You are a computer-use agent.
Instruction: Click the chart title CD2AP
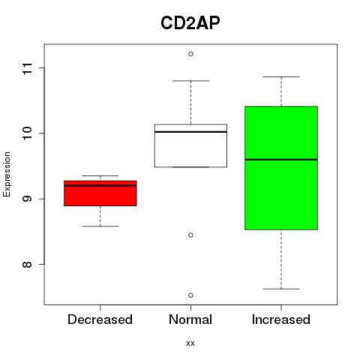click(190, 23)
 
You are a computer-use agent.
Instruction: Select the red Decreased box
click(100, 193)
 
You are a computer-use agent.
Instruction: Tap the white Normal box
click(190, 145)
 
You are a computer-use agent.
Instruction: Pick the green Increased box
click(281, 168)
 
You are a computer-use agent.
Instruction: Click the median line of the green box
click(281, 159)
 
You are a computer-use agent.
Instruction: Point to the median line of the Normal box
click(190, 132)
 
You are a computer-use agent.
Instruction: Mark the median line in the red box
click(100, 185)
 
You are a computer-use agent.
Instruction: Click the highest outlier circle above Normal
click(190, 54)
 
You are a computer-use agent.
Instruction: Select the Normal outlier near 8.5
click(190, 235)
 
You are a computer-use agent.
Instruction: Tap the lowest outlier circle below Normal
click(190, 295)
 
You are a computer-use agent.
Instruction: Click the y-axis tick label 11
click(28, 68)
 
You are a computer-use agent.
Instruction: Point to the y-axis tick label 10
click(28, 133)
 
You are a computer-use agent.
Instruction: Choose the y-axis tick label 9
click(28, 199)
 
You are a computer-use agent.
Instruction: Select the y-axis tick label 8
click(28, 264)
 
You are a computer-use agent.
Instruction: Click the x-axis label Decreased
click(100, 319)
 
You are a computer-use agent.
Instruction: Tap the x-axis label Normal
click(190, 319)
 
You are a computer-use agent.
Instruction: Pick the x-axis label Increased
click(281, 319)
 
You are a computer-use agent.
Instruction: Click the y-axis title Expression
click(7, 174)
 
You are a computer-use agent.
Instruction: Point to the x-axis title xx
click(190, 343)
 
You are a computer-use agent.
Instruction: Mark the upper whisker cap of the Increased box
click(281, 76)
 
